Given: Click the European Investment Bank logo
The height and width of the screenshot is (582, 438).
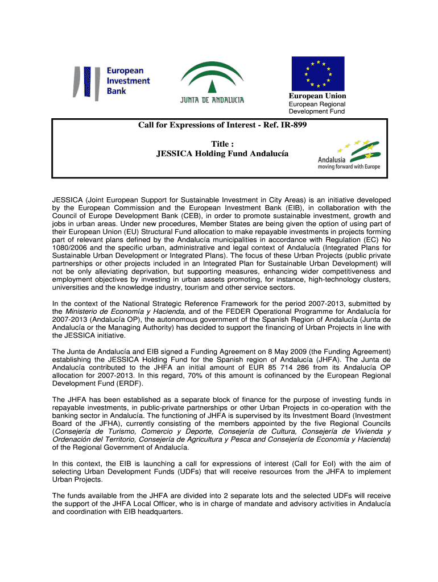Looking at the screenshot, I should [111, 82].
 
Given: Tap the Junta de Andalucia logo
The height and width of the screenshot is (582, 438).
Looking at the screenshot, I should [212, 83].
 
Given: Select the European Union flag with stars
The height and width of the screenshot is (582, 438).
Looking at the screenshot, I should [318, 73].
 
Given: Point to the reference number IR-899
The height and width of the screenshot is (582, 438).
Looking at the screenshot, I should [291, 125].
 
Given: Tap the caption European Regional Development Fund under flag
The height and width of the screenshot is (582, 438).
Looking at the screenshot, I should [317, 108].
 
